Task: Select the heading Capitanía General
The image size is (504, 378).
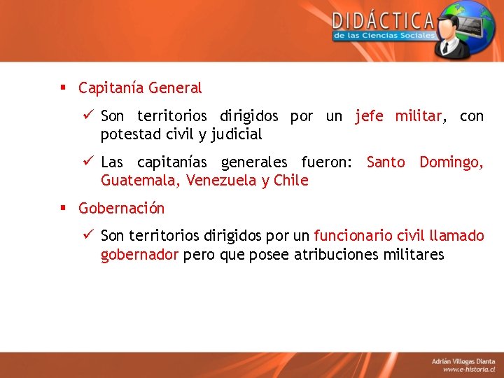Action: (140, 88)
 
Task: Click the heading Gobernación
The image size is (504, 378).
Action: (122, 209)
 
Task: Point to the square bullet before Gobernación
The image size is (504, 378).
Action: (62, 208)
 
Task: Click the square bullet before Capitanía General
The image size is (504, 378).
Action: (62, 87)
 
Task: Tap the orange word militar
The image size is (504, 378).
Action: (418, 116)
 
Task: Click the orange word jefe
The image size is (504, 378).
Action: (369, 116)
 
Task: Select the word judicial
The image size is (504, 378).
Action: (237, 134)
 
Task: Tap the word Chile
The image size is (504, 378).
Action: (290, 181)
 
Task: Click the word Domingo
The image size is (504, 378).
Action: (451, 162)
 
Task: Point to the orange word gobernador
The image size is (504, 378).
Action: (139, 255)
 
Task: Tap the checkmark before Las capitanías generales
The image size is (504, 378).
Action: (88, 162)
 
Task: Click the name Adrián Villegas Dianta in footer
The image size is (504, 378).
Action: (462, 360)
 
